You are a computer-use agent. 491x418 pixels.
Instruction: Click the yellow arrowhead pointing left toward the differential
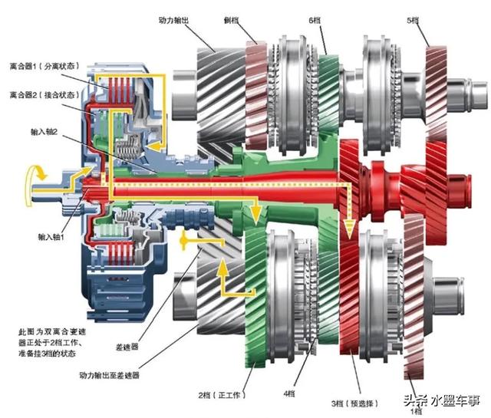(x=184, y=242)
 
